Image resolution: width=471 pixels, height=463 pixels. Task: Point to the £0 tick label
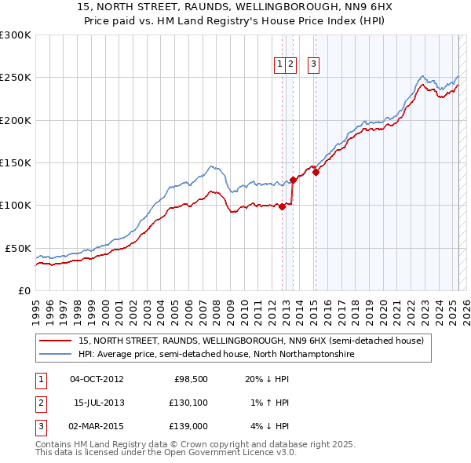point(24,290)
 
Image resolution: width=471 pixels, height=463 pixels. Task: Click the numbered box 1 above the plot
point(280,65)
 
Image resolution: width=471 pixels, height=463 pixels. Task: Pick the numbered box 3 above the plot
point(313,65)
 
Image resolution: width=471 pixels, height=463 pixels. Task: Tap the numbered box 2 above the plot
point(290,65)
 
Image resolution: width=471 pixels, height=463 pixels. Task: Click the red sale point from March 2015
point(316,173)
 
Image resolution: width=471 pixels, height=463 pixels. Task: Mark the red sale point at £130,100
point(293,180)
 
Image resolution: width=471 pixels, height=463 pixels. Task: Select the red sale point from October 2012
point(282,206)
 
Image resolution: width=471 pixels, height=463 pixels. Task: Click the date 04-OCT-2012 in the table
point(97,379)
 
